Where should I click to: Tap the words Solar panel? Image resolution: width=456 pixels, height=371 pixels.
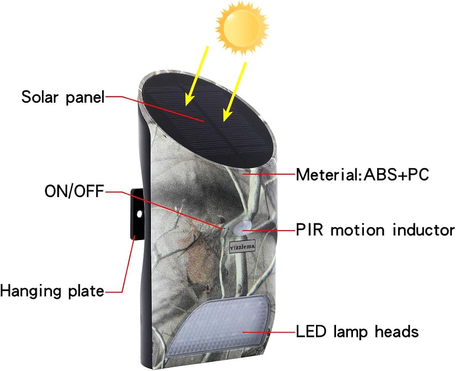tap(63, 97)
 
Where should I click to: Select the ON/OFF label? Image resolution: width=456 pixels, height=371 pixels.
tap(74, 191)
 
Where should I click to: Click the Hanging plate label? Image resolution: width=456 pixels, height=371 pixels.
tap(52, 291)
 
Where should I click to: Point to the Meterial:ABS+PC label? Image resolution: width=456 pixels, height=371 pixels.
tap(362, 175)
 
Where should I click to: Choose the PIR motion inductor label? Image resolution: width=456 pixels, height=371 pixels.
tap(375, 230)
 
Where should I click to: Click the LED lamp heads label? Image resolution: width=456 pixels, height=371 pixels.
tap(357, 331)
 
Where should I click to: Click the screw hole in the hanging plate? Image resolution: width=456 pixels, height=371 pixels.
tap(140, 214)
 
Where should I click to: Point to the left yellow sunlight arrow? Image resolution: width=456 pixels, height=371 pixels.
tap(197, 76)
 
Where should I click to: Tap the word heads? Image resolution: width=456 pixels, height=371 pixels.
tap(397, 331)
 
